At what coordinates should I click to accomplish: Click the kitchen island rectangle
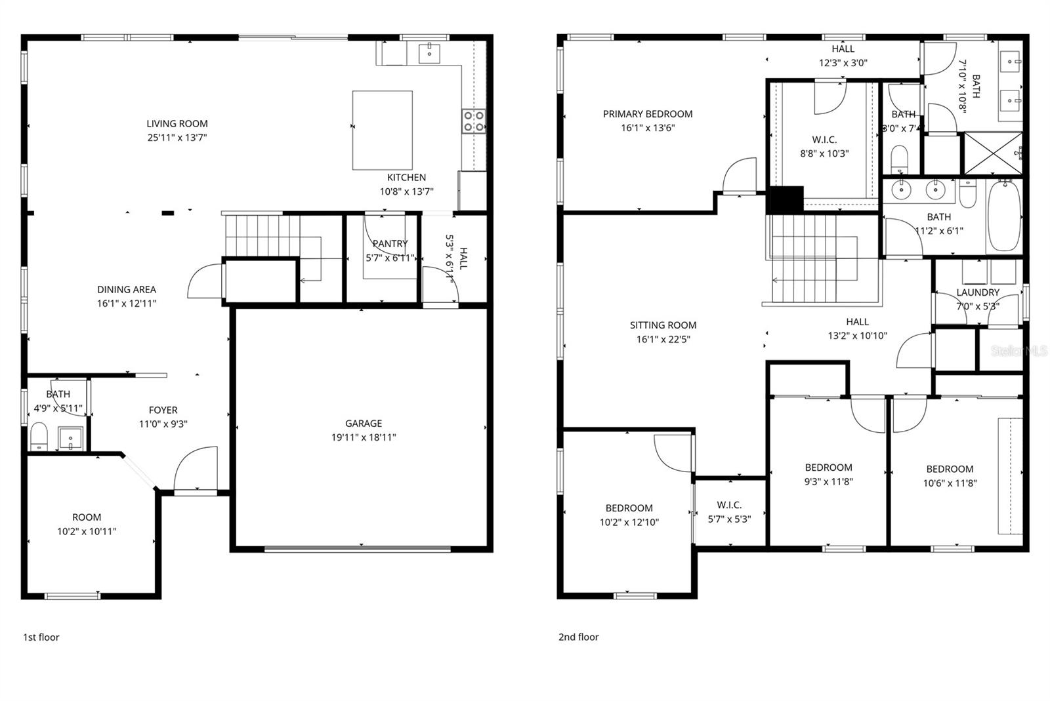(x=383, y=130)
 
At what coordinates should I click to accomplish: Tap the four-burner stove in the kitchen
(x=474, y=121)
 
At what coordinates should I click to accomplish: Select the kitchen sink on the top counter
(x=429, y=52)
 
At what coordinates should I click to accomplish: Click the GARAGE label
(x=364, y=424)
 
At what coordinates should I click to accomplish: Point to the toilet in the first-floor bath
(x=39, y=436)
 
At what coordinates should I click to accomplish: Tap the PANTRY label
(x=390, y=243)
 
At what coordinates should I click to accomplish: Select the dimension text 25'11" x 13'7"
(x=177, y=138)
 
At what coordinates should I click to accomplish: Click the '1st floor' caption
(x=41, y=637)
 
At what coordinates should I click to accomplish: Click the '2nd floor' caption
(x=578, y=637)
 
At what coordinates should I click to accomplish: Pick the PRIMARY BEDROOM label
(x=648, y=114)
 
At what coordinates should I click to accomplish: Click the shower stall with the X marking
(x=993, y=154)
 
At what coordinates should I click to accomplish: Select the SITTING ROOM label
(x=663, y=325)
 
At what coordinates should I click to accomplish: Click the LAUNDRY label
(x=977, y=292)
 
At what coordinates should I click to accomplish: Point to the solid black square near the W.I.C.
(x=785, y=199)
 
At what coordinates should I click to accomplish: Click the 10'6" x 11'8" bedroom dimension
(x=950, y=483)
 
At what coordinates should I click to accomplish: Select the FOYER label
(x=163, y=410)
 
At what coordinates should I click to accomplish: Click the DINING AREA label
(x=127, y=289)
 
